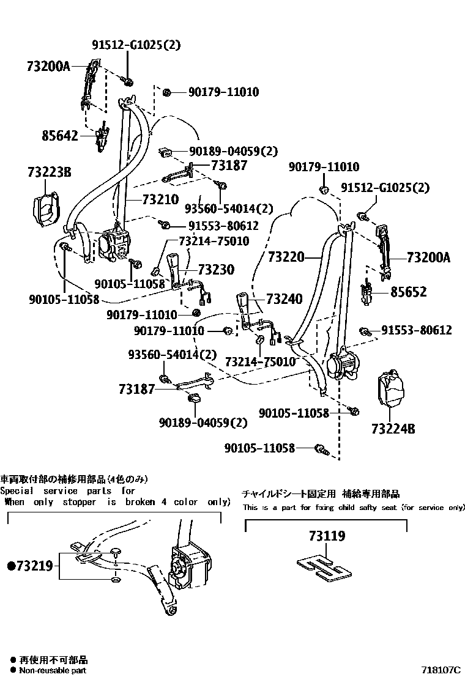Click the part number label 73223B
pyautogui.click(x=49, y=173)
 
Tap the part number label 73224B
pyautogui.click(x=393, y=429)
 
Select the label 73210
pyautogui.click(x=160, y=199)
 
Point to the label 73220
pyautogui.click(x=286, y=258)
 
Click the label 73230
pyautogui.click(x=217, y=270)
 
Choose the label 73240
pyautogui.click(x=284, y=299)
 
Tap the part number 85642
pyautogui.click(x=60, y=136)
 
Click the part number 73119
pyautogui.click(x=327, y=536)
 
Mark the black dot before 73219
pyautogui.click(x=10, y=566)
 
